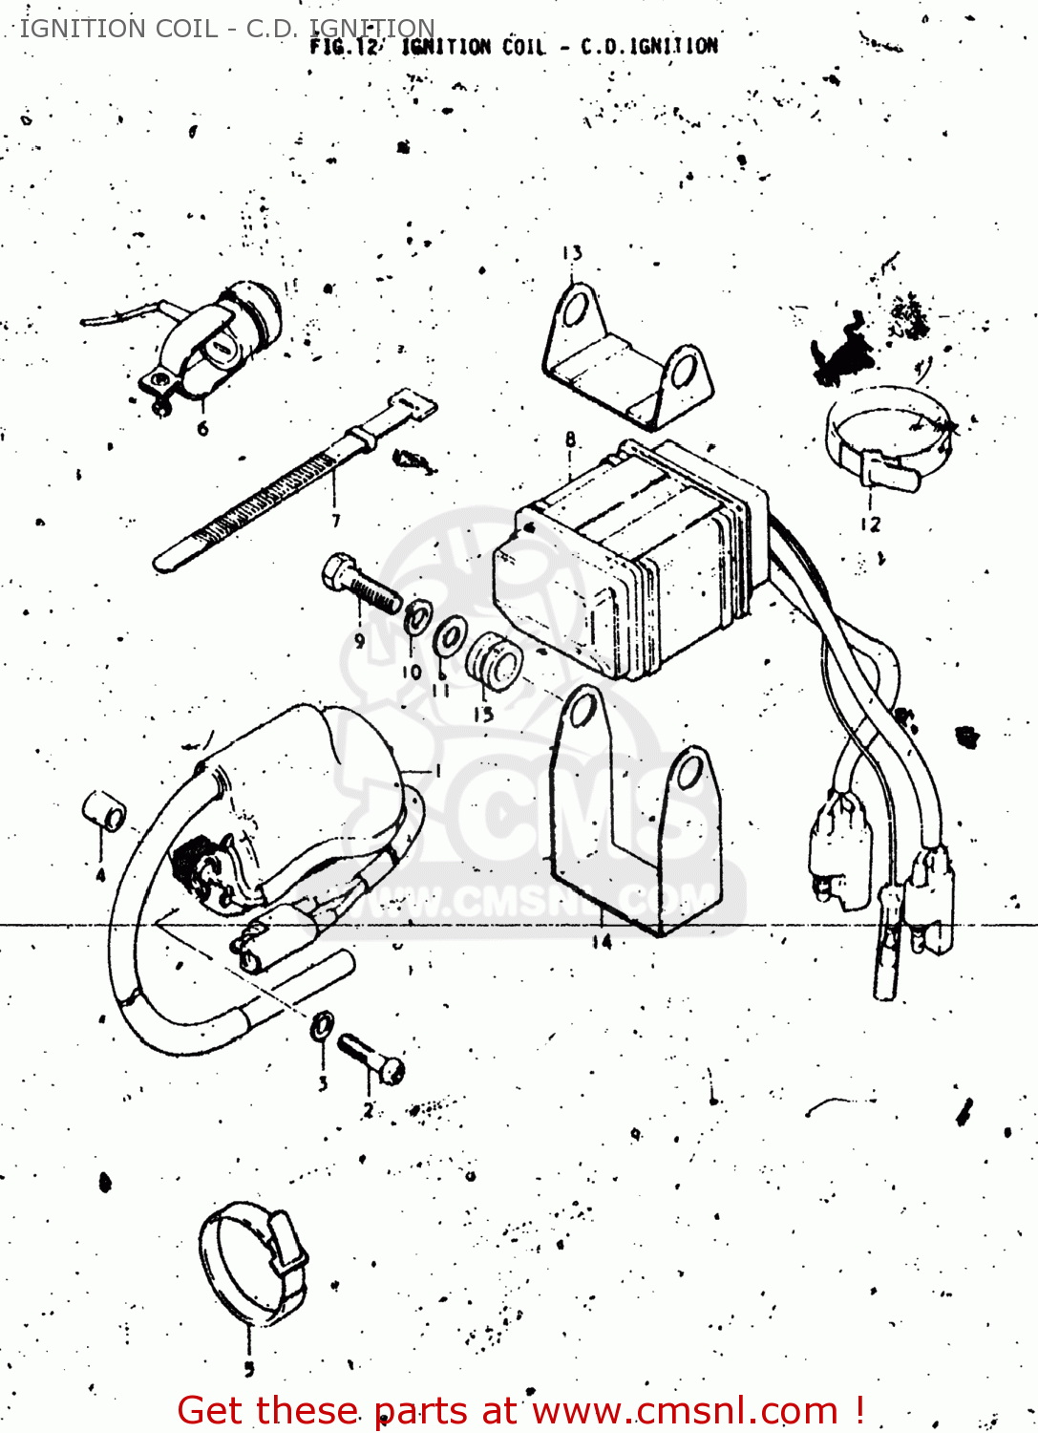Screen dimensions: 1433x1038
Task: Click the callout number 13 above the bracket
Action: click(x=572, y=254)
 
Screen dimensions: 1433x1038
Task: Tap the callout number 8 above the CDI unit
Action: click(x=570, y=439)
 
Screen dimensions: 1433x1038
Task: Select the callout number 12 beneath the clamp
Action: click(x=870, y=524)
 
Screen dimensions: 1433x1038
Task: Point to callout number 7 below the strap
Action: click(x=336, y=521)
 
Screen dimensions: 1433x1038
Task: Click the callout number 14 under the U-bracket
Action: click(x=602, y=942)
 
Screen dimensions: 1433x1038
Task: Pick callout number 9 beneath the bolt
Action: click(x=359, y=640)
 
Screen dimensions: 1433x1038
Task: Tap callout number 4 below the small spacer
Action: click(x=100, y=874)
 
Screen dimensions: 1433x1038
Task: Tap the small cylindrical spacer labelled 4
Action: click(x=103, y=811)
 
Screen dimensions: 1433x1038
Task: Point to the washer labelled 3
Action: click(x=323, y=1026)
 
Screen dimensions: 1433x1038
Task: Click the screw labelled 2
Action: click(x=371, y=1059)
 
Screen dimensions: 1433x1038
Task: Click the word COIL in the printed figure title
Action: click(x=523, y=47)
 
